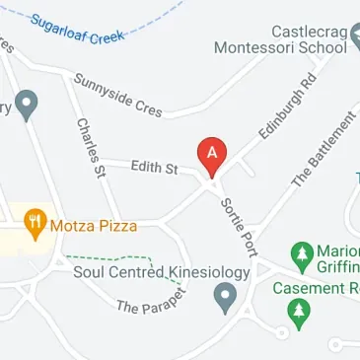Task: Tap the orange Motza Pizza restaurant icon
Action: (x=35, y=225)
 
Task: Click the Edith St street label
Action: (x=154, y=170)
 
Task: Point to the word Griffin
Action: (x=338, y=267)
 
